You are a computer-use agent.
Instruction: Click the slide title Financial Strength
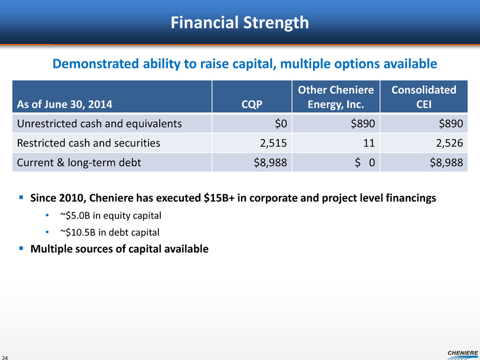click(x=239, y=22)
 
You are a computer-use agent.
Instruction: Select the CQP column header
click(x=252, y=104)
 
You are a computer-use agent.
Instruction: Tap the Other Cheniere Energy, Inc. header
click(x=336, y=97)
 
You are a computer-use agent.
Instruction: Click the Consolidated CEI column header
click(x=424, y=97)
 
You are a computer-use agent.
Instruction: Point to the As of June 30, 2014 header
click(x=64, y=104)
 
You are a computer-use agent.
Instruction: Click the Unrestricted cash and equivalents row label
click(x=100, y=124)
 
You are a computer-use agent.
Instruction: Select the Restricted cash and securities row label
click(x=88, y=143)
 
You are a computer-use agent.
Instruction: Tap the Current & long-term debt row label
click(x=79, y=162)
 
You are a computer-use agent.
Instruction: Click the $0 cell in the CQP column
click(x=281, y=124)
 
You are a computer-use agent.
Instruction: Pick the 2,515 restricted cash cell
click(x=273, y=143)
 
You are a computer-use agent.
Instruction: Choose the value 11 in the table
click(x=369, y=143)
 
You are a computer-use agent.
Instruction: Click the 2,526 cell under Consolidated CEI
click(x=449, y=143)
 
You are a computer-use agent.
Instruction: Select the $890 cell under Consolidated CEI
click(x=450, y=124)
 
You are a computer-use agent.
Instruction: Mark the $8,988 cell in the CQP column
click(x=270, y=162)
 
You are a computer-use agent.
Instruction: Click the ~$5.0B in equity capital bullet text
click(x=110, y=216)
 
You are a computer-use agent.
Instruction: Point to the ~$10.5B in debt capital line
click(x=110, y=232)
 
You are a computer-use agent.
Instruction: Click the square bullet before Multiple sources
click(x=21, y=248)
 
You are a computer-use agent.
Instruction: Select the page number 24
click(x=5, y=357)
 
